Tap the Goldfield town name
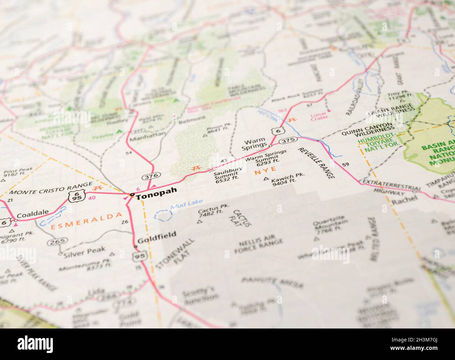152,240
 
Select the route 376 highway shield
151,176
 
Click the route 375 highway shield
288,140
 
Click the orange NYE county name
263,172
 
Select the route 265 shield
58,241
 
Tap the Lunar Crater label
319,115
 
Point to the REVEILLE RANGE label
316,163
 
